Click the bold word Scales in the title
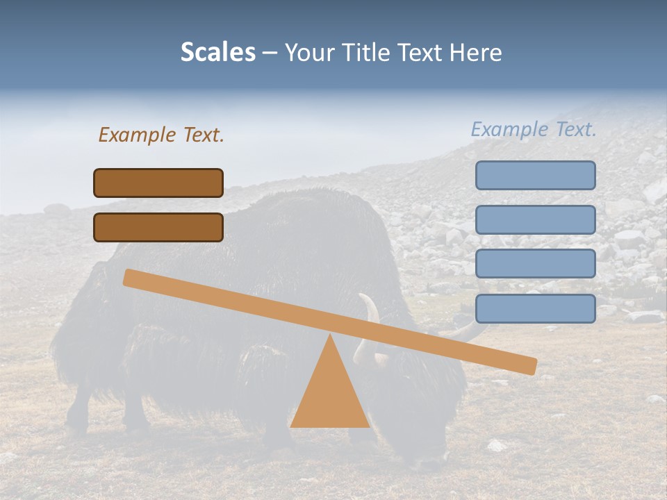(x=217, y=53)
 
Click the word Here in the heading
(x=476, y=53)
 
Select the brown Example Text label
(x=161, y=135)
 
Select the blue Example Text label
(x=534, y=129)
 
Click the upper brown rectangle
(x=158, y=183)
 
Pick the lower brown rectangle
(x=158, y=227)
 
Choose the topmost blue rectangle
(x=535, y=175)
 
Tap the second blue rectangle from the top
(x=535, y=219)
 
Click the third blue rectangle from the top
(x=535, y=264)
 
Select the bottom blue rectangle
(x=535, y=308)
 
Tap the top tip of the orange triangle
(x=330, y=336)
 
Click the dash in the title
(x=270, y=53)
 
